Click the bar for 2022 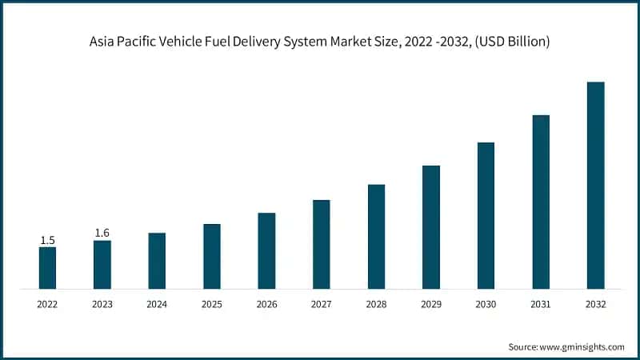pyautogui.click(x=47, y=267)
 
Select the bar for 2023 pyautogui.click(x=102, y=264)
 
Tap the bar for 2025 pyautogui.click(x=212, y=256)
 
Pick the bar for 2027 pyautogui.click(x=322, y=244)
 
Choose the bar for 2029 pyautogui.click(x=431, y=226)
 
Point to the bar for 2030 pyautogui.click(x=486, y=215)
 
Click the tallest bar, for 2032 pyautogui.click(x=595, y=185)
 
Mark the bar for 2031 pyautogui.click(x=541, y=202)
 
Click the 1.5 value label pyautogui.click(x=47, y=240)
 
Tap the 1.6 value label pyautogui.click(x=102, y=233)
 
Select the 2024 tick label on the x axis pyautogui.click(x=157, y=305)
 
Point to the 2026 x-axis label pyautogui.click(x=266, y=305)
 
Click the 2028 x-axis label pyautogui.click(x=376, y=305)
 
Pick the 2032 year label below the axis pyautogui.click(x=595, y=305)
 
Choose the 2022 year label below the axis pyautogui.click(x=47, y=305)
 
